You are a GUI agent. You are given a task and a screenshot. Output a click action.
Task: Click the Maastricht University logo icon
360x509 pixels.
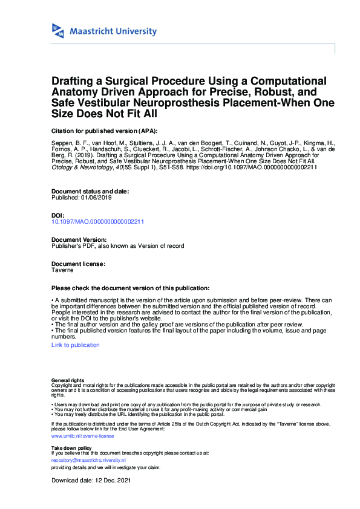58,31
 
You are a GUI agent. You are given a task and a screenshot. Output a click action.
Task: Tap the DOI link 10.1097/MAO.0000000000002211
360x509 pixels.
98,222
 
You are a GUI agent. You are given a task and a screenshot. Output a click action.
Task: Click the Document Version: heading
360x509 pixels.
79,240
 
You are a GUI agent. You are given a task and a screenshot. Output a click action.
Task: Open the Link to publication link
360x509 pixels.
76,345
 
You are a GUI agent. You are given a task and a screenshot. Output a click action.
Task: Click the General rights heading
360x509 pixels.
68,380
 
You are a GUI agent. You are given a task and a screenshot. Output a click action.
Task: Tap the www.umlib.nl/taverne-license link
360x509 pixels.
82,435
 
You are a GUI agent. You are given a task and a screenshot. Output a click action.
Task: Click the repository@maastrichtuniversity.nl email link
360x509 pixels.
88,460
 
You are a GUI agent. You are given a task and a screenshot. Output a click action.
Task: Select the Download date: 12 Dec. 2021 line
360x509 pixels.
91,481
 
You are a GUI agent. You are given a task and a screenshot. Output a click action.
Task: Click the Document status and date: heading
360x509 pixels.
90,192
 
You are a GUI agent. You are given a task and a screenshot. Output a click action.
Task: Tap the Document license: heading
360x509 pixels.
79,264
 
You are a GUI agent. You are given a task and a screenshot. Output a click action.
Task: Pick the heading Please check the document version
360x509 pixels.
130,288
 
